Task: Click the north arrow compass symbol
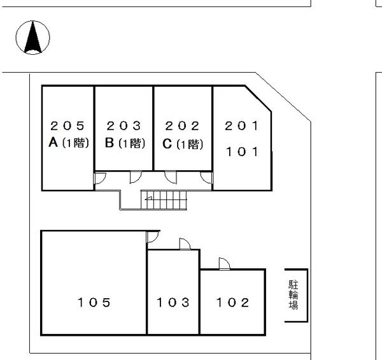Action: point(33,38)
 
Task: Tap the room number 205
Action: point(67,126)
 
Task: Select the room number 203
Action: point(124,126)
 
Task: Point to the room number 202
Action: point(182,126)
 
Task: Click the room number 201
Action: point(241,126)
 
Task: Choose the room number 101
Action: point(242,152)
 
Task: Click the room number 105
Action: point(94,303)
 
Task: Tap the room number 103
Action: point(173,303)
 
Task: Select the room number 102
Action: point(232,303)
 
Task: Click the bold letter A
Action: point(53,142)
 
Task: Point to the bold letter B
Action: point(110,143)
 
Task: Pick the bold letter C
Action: point(167,144)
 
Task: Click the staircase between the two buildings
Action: point(164,200)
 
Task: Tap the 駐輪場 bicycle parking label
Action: point(294,295)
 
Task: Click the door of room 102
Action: point(224,264)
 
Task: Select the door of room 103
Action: point(185,244)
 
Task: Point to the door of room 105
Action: point(153,237)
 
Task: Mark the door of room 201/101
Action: point(206,178)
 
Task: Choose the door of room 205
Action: point(100,178)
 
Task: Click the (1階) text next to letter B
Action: point(132,143)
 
